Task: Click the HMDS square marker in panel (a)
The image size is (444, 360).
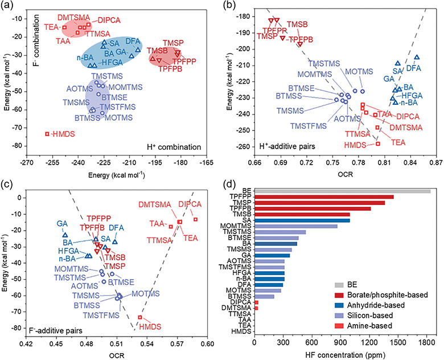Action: (47, 134)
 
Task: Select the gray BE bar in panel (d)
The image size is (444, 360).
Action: (343, 191)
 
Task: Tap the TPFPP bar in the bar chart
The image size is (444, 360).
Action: (324, 197)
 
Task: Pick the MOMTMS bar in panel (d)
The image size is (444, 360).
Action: (296, 226)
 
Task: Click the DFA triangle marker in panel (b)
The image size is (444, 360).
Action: (417, 58)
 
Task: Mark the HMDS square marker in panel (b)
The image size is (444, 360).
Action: (378, 144)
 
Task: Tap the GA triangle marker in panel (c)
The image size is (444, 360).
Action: (65, 235)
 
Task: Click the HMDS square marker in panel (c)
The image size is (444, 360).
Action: (140, 317)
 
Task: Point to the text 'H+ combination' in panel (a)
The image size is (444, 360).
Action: (174, 147)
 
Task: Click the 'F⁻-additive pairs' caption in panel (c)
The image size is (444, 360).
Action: (56, 330)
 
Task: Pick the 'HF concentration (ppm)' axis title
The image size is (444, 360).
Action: (346, 355)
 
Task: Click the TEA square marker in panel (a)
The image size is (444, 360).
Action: (64, 27)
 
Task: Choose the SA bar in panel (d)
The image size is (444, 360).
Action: (302, 220)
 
